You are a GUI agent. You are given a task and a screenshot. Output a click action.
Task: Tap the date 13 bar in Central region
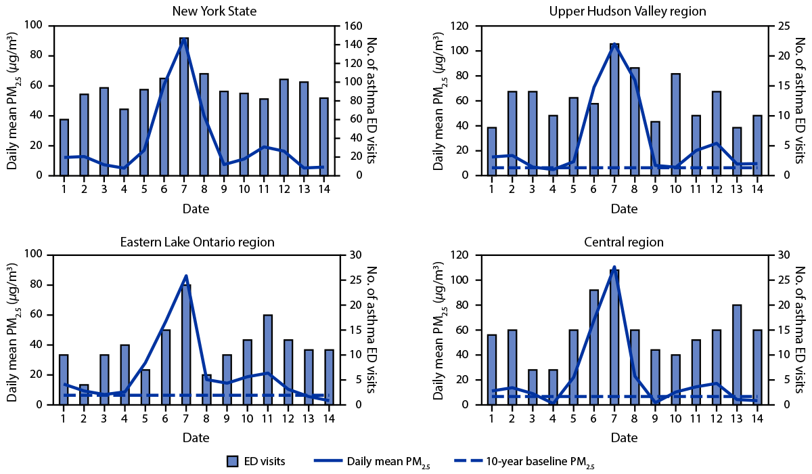point(737,355)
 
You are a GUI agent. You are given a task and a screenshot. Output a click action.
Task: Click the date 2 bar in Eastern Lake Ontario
point(84,395)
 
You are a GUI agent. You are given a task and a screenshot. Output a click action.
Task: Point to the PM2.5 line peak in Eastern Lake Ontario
point(186,276)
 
